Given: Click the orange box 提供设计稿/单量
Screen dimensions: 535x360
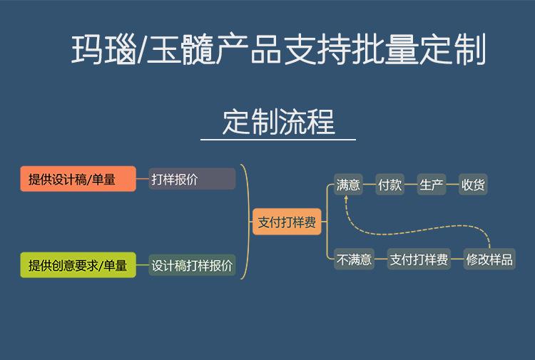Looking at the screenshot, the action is coord(78,179).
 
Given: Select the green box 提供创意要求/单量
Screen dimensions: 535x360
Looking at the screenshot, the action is coord(78,265).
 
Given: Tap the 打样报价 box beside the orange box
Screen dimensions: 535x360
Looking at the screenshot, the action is coord(192,179).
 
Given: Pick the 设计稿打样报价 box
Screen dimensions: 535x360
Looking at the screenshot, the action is coord(192,265).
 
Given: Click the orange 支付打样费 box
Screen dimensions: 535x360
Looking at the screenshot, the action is coord(287,222).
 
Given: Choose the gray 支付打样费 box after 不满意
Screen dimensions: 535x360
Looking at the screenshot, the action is coord(419,259).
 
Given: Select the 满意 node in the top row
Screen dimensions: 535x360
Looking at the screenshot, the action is coord(348,185).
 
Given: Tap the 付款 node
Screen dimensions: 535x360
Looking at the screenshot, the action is coord(389,185).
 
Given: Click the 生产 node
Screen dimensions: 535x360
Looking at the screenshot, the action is coord(432,185).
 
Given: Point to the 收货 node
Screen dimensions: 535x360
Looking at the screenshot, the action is coord(473,185).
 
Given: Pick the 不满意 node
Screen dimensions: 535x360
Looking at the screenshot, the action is coord(354,259).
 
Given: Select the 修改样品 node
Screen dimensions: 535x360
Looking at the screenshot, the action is coord(489,259).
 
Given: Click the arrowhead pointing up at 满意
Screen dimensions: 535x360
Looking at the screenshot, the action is coord(346,197).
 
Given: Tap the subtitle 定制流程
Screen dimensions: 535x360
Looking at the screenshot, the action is coord(279,122).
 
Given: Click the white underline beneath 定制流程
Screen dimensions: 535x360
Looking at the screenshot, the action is coord(278,140).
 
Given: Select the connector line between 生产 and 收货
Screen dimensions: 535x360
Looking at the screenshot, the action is coord(452,185).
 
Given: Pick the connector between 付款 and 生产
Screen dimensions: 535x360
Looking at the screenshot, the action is coord(410,185).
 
